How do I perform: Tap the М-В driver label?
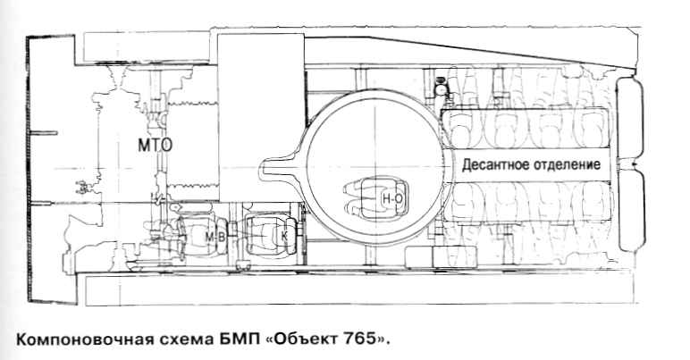click(x=215, y=237)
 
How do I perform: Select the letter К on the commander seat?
click(x=285, y=237)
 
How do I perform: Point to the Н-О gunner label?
click(x=391, y=197)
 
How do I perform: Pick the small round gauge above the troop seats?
click(x=439, y=88)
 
